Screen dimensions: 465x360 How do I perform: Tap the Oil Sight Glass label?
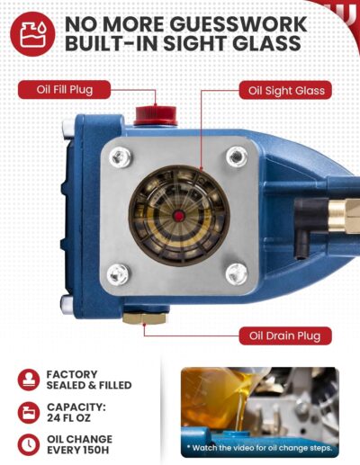point(282,90)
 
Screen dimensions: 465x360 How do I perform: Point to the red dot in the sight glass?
point(178,215)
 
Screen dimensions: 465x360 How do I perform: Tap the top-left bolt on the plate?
point(118,156)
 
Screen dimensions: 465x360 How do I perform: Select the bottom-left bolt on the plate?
point(118,273)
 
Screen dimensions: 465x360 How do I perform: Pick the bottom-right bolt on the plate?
point(237,272)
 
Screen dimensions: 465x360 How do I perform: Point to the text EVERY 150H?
point(89,452)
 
